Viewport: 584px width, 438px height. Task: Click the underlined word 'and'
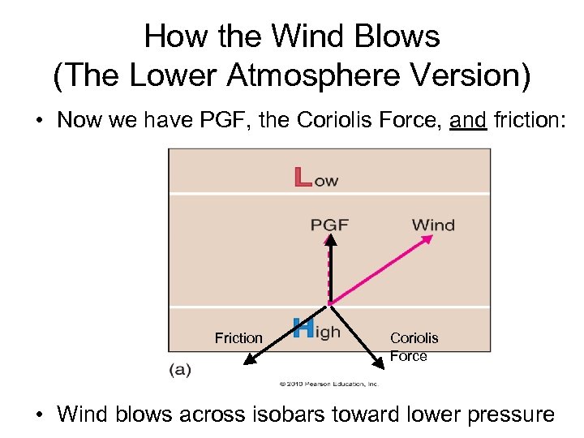467,120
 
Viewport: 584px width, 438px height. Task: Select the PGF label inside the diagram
330,225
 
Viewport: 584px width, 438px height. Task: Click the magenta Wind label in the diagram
433,225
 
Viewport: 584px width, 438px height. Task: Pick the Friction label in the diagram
238,337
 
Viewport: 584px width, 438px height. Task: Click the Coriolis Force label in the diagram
414,346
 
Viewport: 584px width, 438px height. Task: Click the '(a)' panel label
180,369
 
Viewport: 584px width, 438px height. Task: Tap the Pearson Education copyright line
328,384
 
